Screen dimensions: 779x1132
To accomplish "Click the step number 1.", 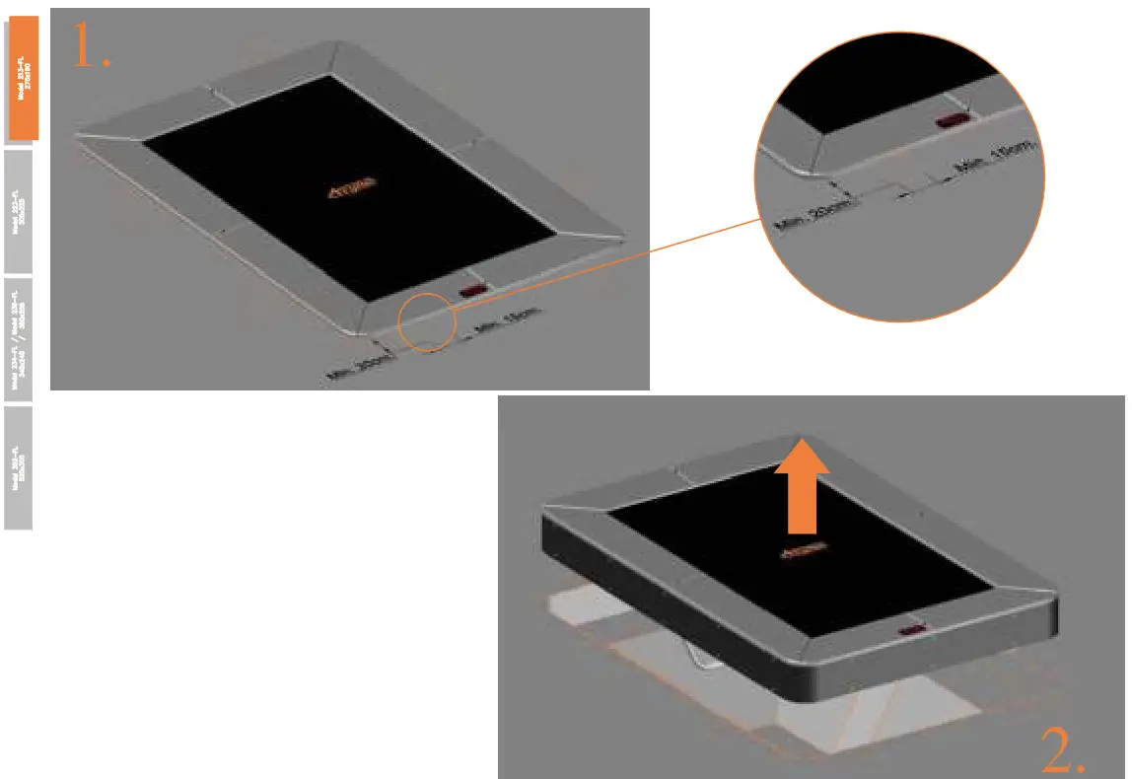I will pyautogui.click(x=91, y=46).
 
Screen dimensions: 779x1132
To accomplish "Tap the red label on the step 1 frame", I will pyautogui.click(x=472, y=291).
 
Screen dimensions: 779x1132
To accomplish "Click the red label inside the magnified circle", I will pyautogui.click(x=954, y=120).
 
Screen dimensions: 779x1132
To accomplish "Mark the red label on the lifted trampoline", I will pyautogui.click(x=912, y=628).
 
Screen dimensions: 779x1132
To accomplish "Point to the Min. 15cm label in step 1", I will pyautogui.click(x=507, y=322).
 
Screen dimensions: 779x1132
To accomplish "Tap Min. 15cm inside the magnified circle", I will pyautogui.click(x=996, y=159).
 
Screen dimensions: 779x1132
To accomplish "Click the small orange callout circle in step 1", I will pyautogui.click(x=425, y=320).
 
